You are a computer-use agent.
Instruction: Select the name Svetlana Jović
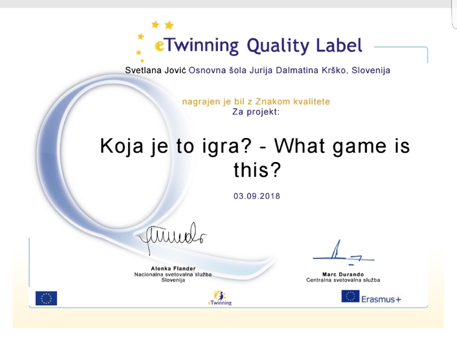click(x=156, y=70)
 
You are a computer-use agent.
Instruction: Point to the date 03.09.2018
click(x=257, y=196)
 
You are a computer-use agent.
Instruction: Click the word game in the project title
click(x=359, y=147)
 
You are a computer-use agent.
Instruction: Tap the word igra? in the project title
click(x=227, y=146)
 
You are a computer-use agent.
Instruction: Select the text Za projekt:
click(x=256, y=112)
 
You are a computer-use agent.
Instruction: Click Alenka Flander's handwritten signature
click(x=172, y=238)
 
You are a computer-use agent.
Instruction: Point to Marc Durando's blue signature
click(x=344, y=253)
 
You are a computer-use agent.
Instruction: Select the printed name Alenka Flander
click(x=173, y=269)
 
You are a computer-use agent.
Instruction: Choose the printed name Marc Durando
click(x=343, y=274)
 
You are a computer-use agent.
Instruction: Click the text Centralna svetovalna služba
click(x=343, y=280)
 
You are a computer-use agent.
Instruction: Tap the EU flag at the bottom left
click(x=46, y=298)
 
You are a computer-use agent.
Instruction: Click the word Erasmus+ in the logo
click(x=381, y=299)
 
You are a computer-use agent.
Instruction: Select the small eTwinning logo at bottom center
click(x=220, y=298)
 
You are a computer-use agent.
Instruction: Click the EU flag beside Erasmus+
click(x=350, y=296)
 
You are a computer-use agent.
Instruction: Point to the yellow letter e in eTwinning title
click(x=160, y=46)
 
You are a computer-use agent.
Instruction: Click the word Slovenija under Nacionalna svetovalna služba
click(x=173, y=280)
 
